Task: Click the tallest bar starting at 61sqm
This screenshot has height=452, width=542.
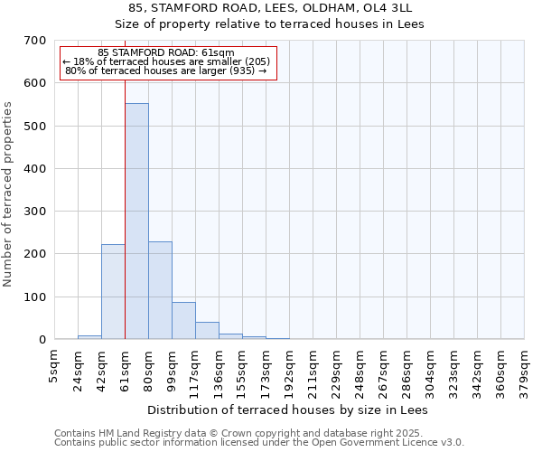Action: pyautogui.click(x=136, y=221)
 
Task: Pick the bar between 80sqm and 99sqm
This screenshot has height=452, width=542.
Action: pyautogui.click(x=160, y=290)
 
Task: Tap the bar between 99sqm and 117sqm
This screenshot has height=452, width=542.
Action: pyautogui.click(x=183, y=321)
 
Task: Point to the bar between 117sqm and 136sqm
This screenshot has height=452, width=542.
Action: pyautogui.click(x=207, y=331)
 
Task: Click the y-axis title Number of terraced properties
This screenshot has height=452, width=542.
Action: pyautogui.click(x=9, y=194)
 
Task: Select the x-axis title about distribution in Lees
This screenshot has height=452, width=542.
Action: pyautogui.click(x=288, y=410)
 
